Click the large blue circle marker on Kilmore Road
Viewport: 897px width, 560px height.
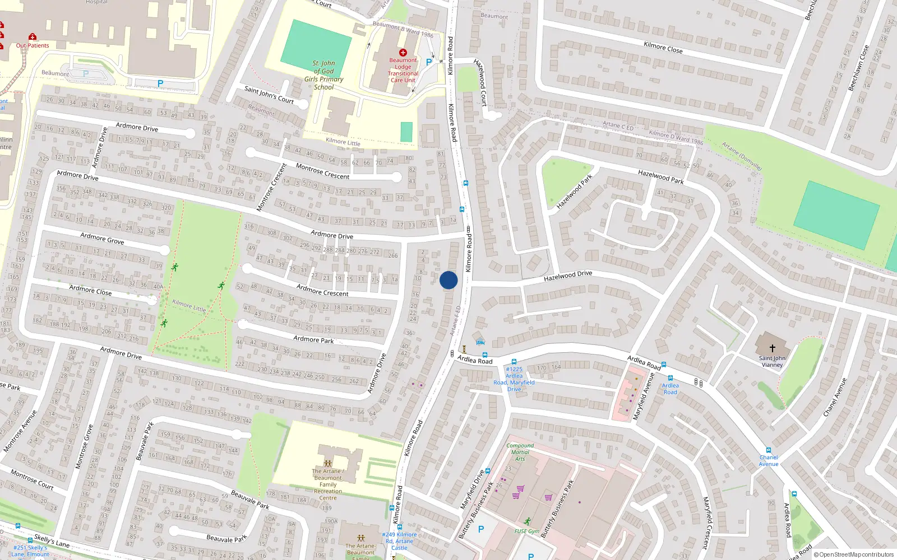[449, 280]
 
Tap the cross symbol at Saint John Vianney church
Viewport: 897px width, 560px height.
[772, 348]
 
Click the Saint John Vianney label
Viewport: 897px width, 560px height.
[772, 361]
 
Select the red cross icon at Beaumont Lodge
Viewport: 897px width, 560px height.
[403, 53]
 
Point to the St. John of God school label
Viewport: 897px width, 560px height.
[324, 75]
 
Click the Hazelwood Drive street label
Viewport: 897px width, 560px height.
[568, 276]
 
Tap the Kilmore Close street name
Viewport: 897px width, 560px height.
[663, 47]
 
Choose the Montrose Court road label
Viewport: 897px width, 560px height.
[31, 479]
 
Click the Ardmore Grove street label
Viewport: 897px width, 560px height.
[102, 239]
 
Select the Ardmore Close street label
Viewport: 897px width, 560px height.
[90, 290]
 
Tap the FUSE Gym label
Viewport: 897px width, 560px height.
[527, 531]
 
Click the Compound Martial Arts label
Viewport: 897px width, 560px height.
[520, 452]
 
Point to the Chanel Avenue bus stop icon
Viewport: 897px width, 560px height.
[768, 450]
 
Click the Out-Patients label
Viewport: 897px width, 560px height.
[33, 45]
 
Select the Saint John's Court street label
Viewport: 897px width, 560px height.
[269, 94]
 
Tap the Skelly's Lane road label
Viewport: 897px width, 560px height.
[52, 540]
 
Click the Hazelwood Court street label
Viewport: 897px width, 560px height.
[480, 82]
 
